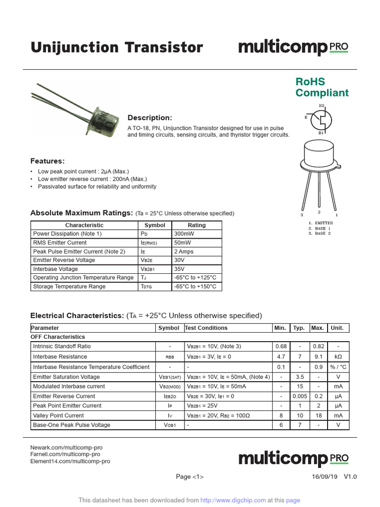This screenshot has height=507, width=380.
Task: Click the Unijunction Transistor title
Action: (x=117, y=48)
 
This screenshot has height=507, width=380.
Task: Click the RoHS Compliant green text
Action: (x=322, y=87)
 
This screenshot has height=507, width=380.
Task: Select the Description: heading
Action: (x=150, y=118)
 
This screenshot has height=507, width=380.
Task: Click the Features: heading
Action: (x=47, y=161)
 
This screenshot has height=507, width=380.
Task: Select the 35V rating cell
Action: (x=179, y=269)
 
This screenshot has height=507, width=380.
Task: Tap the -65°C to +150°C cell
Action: (x=195, y=287)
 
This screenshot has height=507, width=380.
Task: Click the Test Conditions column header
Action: (x=206, y=328)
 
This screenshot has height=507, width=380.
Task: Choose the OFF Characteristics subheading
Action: (x=58, y=337)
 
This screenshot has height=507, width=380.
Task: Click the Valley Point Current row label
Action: (x=58, y=415)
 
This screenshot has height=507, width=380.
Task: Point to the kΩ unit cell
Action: (x=338, y=356)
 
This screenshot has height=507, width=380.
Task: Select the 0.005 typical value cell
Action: (x=300, y=396)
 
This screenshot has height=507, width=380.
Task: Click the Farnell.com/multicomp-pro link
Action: (x=65, y=454)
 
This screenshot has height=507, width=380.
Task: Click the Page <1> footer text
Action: (x=190, y=477)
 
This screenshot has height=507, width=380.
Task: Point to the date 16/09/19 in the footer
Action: (x=325, y=477)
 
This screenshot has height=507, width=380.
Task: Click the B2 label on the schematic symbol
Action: (x=321, y=105)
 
